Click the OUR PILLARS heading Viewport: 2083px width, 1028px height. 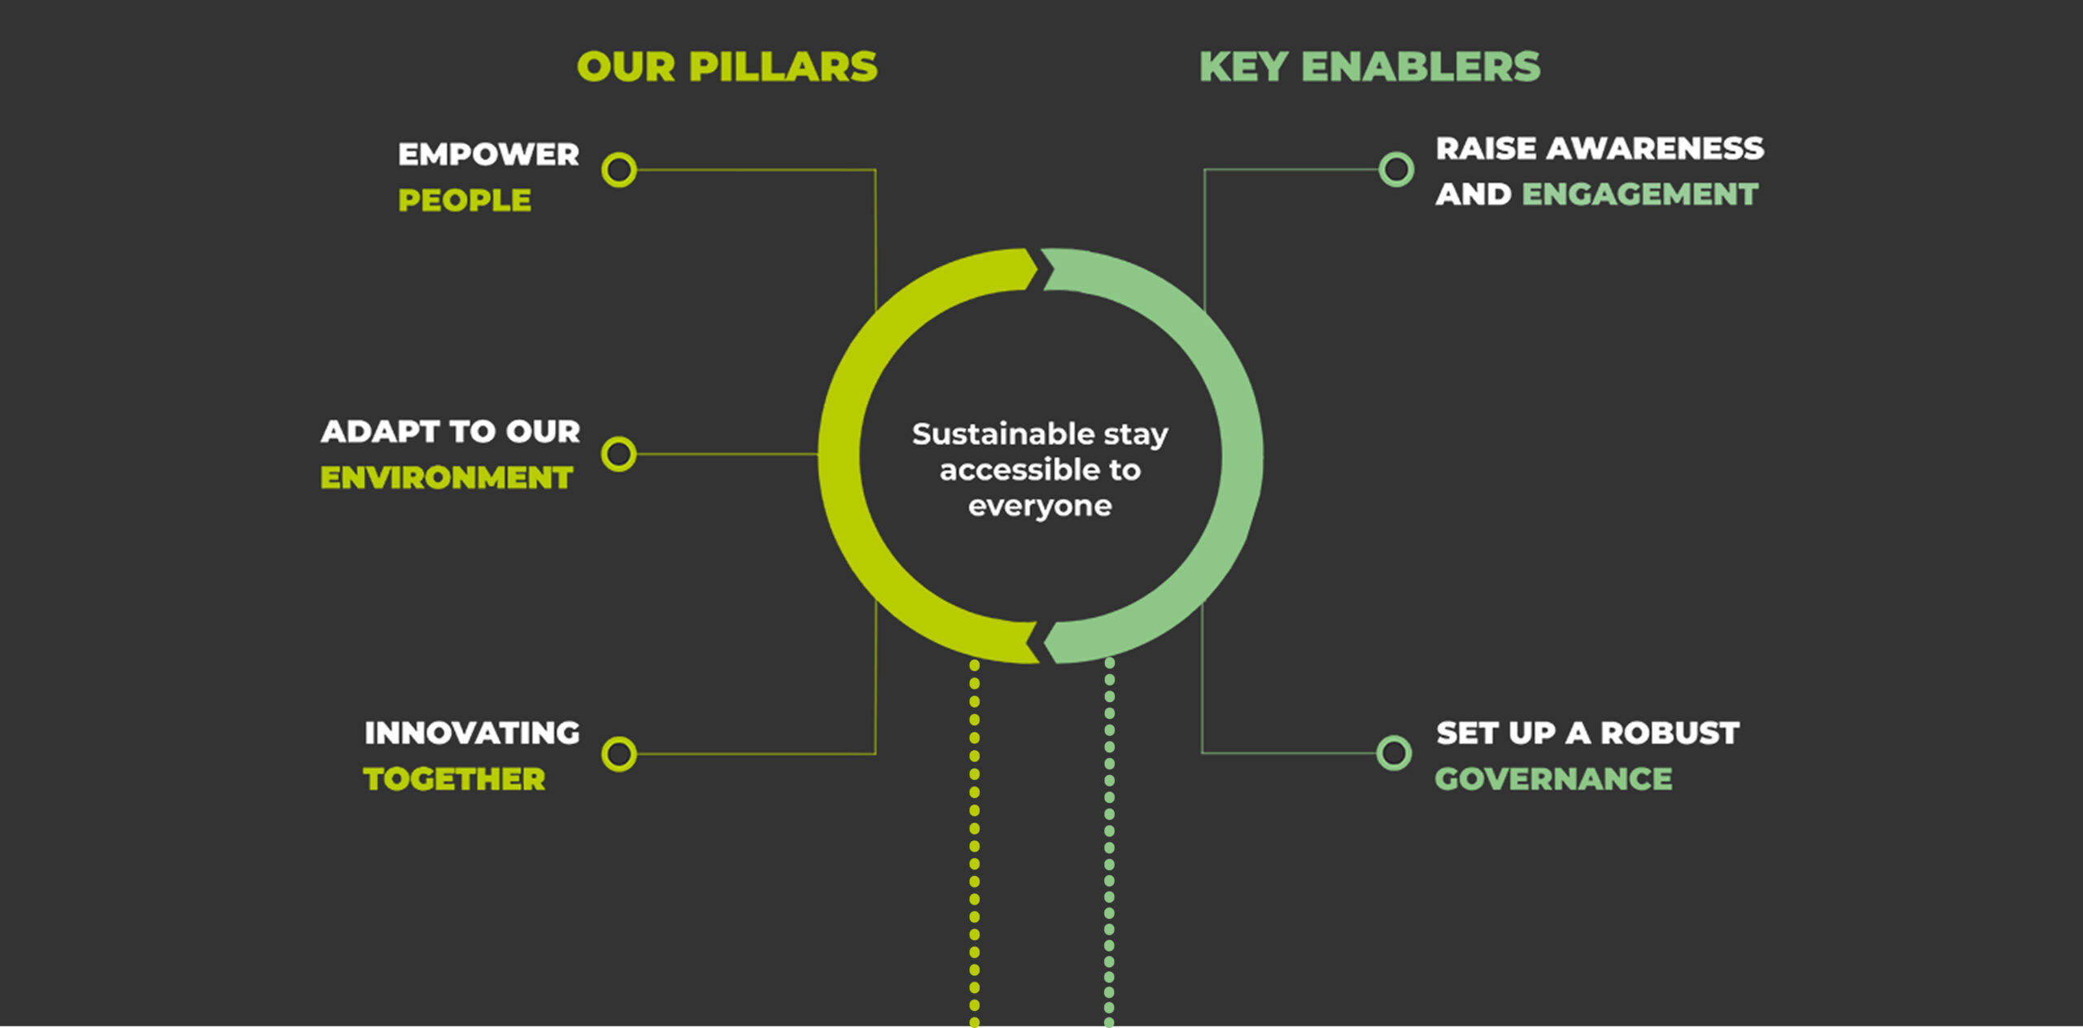point(727,67)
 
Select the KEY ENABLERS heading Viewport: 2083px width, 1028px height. point(1370,67)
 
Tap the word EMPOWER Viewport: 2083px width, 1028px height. point(488,155)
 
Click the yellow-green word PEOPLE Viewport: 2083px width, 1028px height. point(465,200)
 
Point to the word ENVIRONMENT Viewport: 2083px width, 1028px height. point(447,477)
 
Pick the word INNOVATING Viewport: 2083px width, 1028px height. point(472,733)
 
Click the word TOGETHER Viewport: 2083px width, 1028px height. point(454,779)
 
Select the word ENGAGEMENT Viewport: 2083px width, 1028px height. point(1640,194)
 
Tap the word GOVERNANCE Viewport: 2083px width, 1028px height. point(1553,779)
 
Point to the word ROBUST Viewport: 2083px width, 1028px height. point(1670,733)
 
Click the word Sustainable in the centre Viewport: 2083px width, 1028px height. point(1003,433)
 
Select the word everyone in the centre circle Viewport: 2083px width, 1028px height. point(1040,506)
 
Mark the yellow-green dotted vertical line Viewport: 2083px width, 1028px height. point(975,843)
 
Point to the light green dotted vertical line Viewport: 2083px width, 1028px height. point(1109,843)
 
